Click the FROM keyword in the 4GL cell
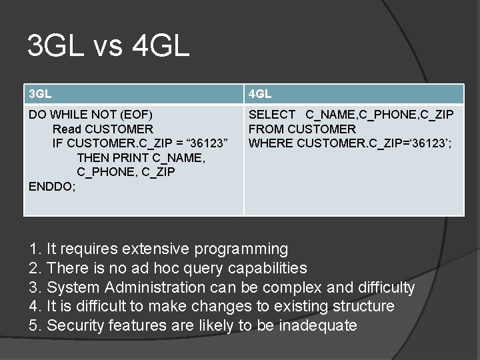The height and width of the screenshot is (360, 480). (265, 129)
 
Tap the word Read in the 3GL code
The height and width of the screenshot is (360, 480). (66, 129)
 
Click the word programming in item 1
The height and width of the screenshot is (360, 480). (241, 249)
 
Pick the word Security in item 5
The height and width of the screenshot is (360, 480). (77, 326)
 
